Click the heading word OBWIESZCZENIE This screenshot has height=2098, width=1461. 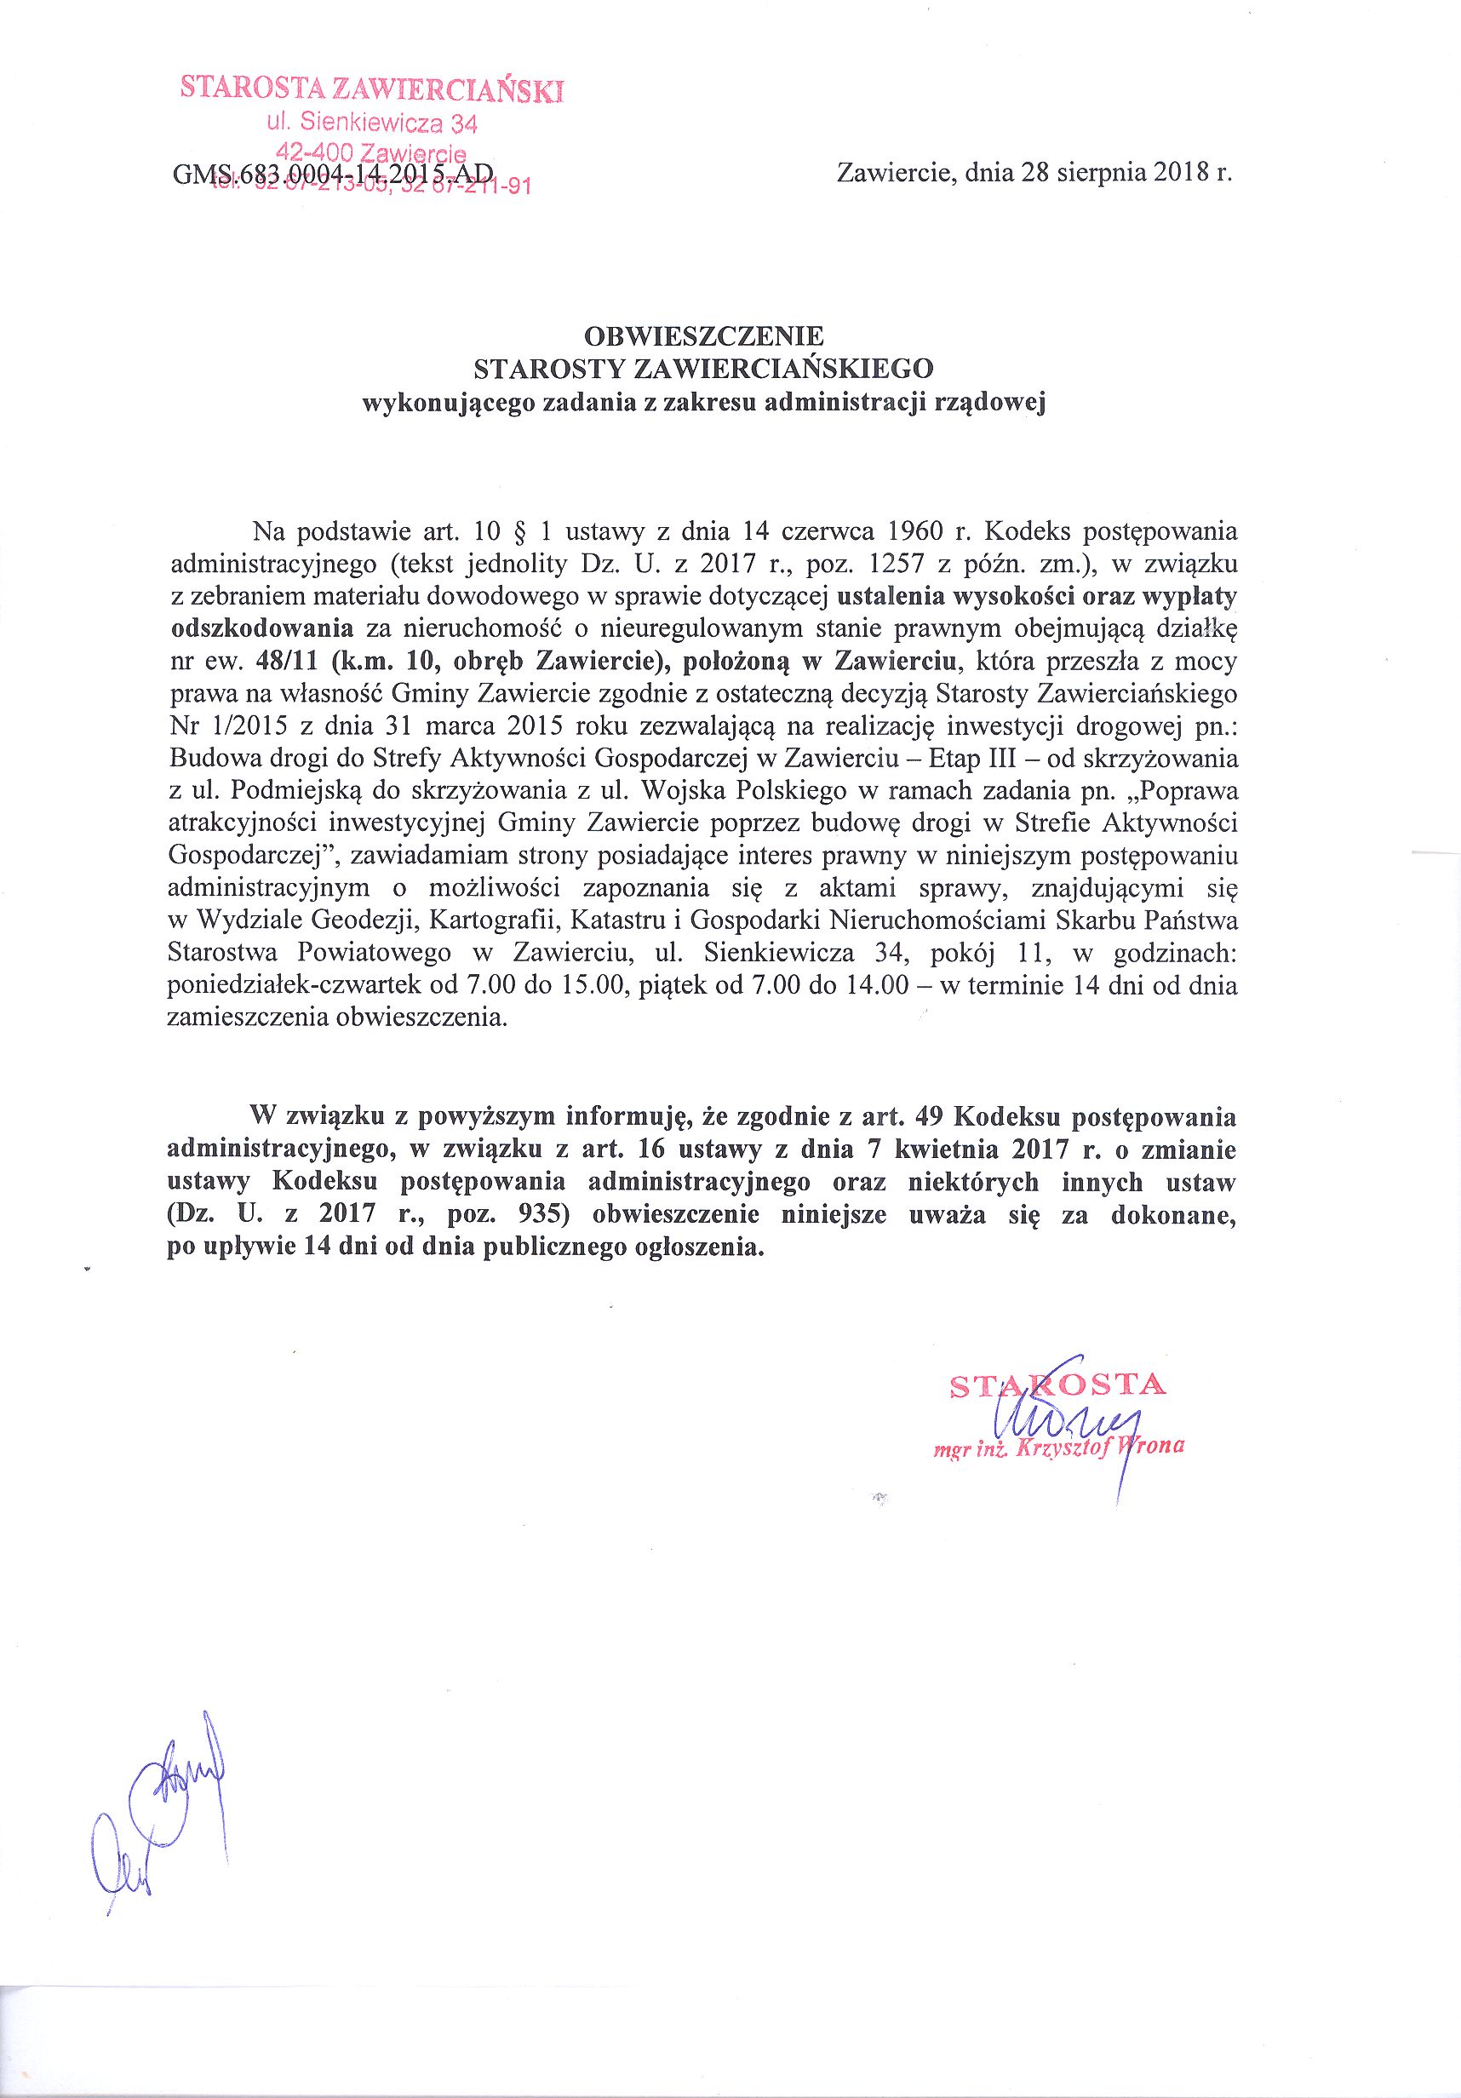702,335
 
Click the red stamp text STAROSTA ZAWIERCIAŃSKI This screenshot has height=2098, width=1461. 372,89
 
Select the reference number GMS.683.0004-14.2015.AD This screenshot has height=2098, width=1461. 333,174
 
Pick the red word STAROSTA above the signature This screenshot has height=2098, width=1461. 1057,1386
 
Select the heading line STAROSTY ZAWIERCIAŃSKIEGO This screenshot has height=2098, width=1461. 702,368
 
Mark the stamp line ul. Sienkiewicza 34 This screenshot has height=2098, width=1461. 372,122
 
